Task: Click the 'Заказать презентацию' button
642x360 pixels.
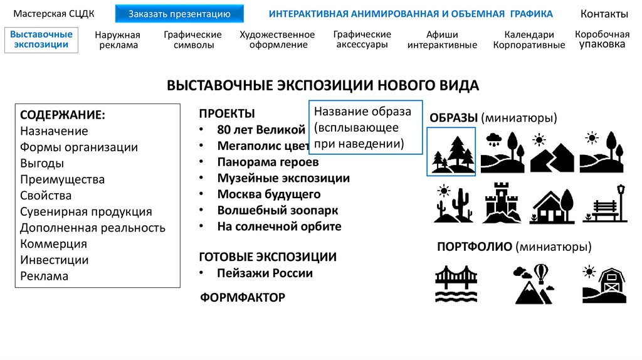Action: pyautogui.click(x=180, y=14)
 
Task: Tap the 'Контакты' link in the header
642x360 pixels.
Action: pyautogui.click(x=604, y=14)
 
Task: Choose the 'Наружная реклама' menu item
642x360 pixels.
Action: pyautogui.click(x=117, y=40)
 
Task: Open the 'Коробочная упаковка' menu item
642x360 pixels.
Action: pyautogui.click(x=602, y=40)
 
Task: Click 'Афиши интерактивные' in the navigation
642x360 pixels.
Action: pyautogui.click(x=442, y=40)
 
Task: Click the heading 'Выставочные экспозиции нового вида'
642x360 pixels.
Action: pyautogui.click(x=323, y=85)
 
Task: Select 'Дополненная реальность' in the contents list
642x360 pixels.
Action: pyautogui.click(x=93, y=228)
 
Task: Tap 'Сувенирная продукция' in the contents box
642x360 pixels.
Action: pyautogui.click(x=86, y=211)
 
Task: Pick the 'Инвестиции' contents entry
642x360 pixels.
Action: pyautogui.click(x=55, y=260)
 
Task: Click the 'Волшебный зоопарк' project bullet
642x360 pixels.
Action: pyautogui.click(x=278, y=210)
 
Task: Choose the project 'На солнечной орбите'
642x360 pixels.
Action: pyautogui.click(x=279, y=226)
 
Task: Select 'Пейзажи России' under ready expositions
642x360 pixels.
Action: pyautogui.click(x=265, y=273)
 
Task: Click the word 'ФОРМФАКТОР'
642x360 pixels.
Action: pyautogui.click(x=243, y=297)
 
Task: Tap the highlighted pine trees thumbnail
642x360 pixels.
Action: pyautogui.click(x=451, y=151)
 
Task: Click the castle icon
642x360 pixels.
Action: pyautogui.click(x=502, y=203)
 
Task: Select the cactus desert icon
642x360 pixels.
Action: pyautogui.click(x=451, y=203)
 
